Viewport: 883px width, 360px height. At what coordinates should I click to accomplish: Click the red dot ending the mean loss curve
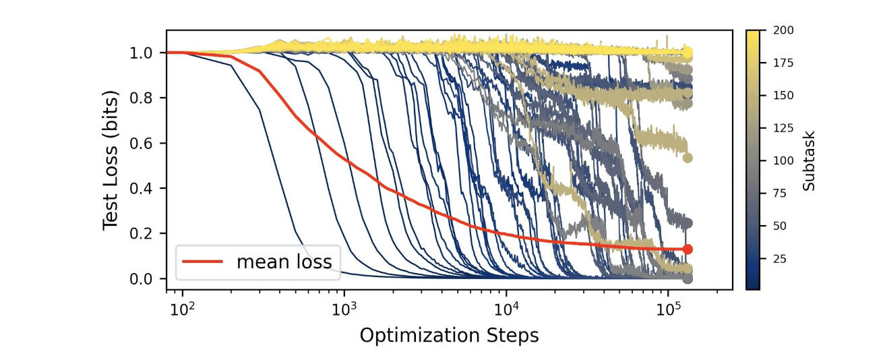click(x=688, y=249)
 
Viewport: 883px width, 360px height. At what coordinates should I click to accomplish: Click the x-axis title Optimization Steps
click(x=449, y=335)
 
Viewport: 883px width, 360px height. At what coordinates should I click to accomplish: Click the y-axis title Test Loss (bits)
click(x=111, y=160)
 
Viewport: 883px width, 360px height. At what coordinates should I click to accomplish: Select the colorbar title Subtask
click(x=809, y=160)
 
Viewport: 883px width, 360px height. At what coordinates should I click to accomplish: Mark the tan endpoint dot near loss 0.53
click(x=688, y=158)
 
